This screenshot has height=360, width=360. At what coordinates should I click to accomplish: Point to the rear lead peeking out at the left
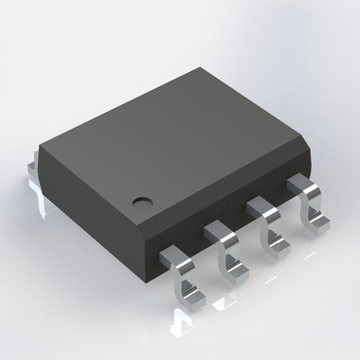[x=37, y=176]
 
